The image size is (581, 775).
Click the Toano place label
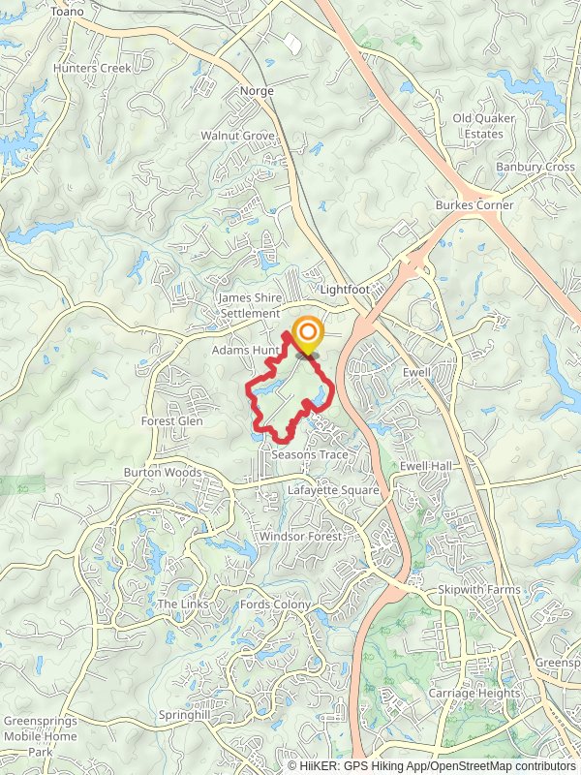tap(68, 11)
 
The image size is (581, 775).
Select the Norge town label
tap(257, 91)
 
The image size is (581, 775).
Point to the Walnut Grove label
tap(237, 136)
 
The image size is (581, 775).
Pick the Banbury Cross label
tap(535, 167)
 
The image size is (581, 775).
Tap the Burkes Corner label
tap(474, 205)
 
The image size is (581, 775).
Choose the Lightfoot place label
tap(346, 289)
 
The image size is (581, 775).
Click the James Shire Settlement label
tap(250, 306)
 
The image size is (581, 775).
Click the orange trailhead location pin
tap(308, 335)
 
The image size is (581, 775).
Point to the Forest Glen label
tap(171, 421)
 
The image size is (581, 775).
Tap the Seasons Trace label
tap(309, 454)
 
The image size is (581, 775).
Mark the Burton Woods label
tap(162, 473)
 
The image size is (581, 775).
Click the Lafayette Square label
tap(333, 491)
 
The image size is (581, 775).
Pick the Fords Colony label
tap(276, 604)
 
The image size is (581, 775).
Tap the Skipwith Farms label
tap(478, 589)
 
